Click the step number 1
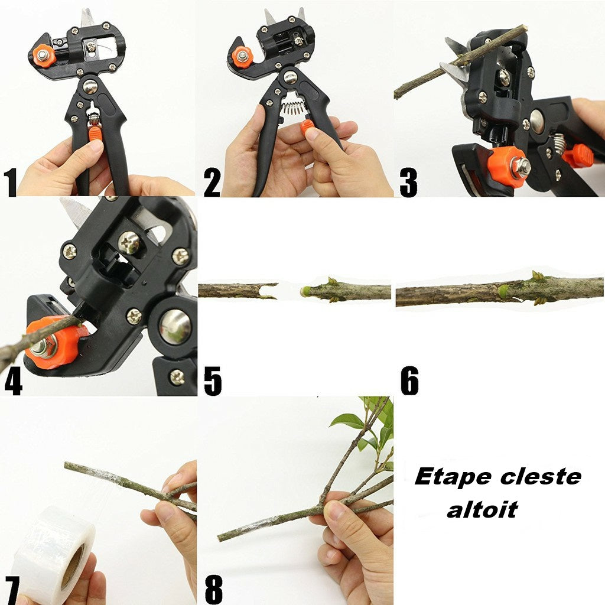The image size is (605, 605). (11, 182)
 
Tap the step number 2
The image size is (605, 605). (212, 182)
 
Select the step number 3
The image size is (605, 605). (408, 182)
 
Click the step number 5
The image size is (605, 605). (213, 381)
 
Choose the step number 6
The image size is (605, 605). (410, 380)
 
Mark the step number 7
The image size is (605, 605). (12, 590)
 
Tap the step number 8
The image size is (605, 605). (214, 590)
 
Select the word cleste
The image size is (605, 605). (541, 477)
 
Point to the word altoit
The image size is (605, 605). (482, 509)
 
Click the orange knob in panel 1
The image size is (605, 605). (44, 56)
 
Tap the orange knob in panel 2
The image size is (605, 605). (242, 57)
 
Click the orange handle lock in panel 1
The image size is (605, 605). (95, 133)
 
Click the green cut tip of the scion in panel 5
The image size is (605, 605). (305, 291)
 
